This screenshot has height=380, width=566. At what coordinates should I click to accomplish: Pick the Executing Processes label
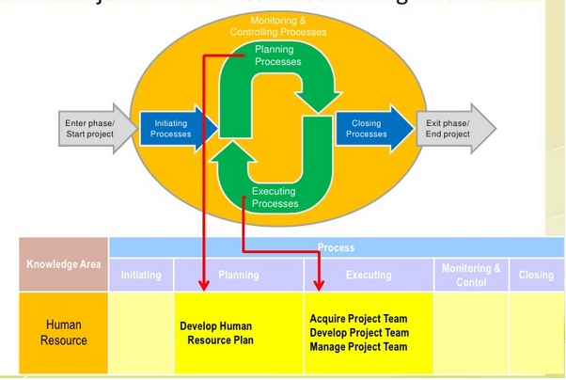[x=275, y=198]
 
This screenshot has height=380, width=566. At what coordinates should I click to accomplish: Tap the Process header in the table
[x=336, y=248]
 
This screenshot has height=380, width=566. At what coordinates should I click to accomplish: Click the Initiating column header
[x=142, y=275]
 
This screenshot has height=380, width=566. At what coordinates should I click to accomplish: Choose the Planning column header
[x=238, y=275]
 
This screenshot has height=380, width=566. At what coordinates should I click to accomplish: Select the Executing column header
[x=368, y=275]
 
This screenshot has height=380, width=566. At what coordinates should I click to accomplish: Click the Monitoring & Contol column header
[x=471, y=275]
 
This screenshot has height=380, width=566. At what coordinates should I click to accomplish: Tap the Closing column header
[x=536, y=275]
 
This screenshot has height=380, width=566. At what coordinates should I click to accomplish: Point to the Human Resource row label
[x=63, y=331]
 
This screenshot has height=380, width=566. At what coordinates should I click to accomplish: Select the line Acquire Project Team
[x=359, y=319]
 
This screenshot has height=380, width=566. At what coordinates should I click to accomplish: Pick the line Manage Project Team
[x=359, y=347]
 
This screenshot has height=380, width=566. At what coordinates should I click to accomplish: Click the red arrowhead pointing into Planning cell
[x=204, y=285]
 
